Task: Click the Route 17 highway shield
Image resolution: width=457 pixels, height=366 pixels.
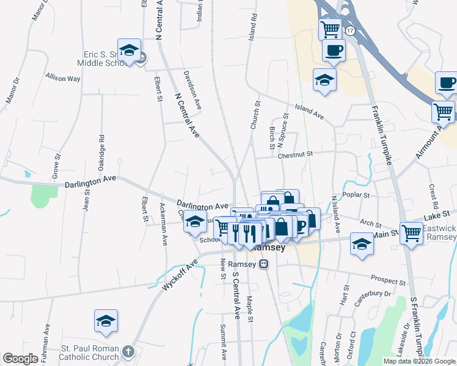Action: coord(349,30)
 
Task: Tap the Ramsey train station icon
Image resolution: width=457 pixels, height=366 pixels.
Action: coord(263,264)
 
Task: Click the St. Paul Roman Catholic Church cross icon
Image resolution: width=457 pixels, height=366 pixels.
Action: coord(128,351)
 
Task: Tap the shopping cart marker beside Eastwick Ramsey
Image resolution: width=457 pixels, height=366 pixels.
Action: coord(412,232)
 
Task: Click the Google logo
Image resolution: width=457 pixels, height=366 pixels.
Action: coord(21,359)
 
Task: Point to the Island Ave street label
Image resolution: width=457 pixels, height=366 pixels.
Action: coord(309,112)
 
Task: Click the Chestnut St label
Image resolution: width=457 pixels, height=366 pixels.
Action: coord(295,155)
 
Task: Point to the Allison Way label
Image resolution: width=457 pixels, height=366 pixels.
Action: coord(63,78)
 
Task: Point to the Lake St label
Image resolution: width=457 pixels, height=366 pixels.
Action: coord(437,213)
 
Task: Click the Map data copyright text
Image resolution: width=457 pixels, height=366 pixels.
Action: coord(419,361)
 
